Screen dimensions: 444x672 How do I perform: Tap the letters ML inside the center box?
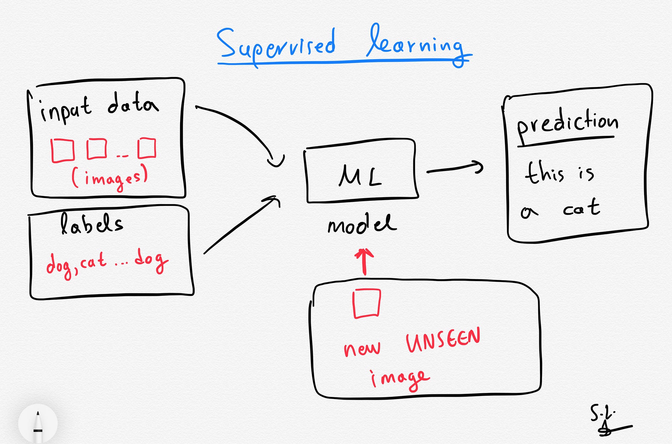point(360,175)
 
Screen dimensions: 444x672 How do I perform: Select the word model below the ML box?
point(362,224)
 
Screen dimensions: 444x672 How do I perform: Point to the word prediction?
point(567,123)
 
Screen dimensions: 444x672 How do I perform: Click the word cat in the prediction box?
point(581,208)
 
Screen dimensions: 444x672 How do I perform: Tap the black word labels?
point(91,224)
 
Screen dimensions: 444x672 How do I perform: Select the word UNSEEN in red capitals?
point(443,340)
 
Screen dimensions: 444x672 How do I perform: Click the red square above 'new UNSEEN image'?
point(366,303)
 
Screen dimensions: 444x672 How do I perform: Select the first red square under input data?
point(62,150)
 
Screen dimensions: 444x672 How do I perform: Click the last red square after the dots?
point(147,148)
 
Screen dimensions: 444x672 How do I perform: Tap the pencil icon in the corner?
point(38,425)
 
